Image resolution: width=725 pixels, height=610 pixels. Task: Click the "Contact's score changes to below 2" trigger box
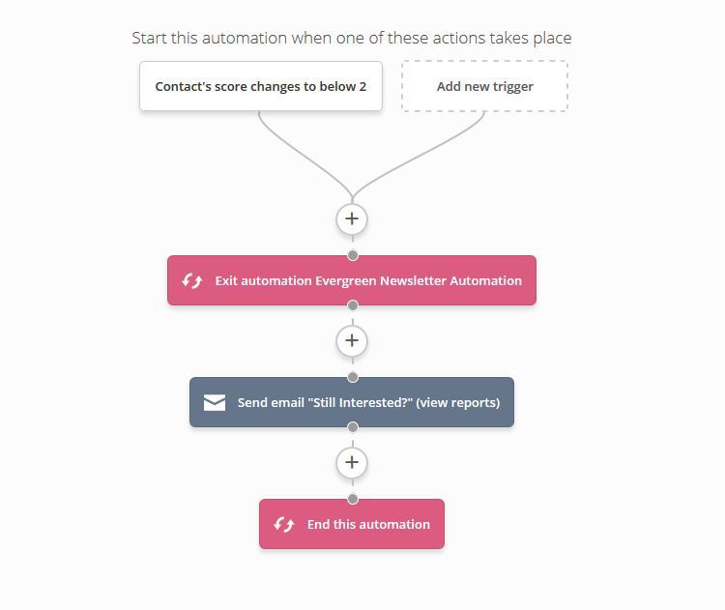tap(261, 86)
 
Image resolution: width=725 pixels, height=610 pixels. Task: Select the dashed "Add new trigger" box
tap(484, 86)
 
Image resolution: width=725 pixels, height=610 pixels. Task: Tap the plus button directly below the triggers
tap(352, 218)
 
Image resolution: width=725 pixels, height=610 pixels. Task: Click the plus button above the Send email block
tap(352, 341)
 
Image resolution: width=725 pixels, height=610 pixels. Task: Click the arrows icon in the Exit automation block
tap(192, 280)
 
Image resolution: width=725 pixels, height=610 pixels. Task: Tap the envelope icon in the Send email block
tap(215, 402)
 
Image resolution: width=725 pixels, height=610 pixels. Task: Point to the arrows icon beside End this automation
tap(283, 524)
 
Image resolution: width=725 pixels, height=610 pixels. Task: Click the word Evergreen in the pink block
tap(345, 280)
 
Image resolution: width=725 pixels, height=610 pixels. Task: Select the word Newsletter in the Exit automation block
tap(413, 280)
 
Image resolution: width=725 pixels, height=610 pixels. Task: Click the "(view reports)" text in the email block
tap(458, 403)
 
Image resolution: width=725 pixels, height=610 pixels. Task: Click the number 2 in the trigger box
tap(362, 86)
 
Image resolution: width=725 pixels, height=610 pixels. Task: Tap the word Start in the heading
tap(149, 38)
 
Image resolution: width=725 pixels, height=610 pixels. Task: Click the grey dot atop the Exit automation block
tap(353, 255)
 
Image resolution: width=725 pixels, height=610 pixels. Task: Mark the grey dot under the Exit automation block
tap(353, 305)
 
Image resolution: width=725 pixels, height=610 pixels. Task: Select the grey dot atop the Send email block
tap(353, 377)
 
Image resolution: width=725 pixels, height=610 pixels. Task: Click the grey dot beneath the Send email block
tap(353, 427)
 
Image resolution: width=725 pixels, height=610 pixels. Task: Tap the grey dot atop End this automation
tap(353, 499)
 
